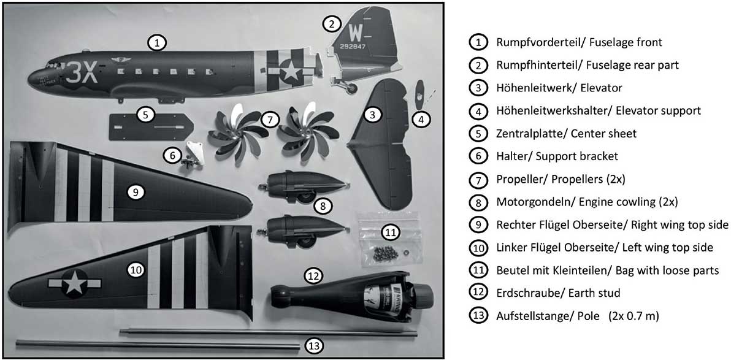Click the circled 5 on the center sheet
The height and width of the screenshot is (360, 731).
click(x=146, y=115)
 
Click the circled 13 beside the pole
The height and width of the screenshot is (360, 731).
click(x=315, y=346)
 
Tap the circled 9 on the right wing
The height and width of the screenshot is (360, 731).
click(x=135, y=193)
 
